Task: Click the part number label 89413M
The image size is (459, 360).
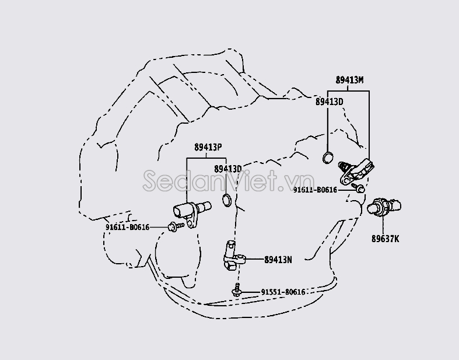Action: coord(349,80)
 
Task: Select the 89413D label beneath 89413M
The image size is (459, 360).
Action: coord(329,102)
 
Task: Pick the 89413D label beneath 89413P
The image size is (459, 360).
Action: coord(227,169)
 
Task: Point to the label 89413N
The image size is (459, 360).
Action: coord(278,259)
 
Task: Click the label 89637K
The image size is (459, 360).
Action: coord(386,238)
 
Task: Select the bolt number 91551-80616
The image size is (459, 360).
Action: coord(283,292)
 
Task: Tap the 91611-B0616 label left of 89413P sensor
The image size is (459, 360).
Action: coord(127,227)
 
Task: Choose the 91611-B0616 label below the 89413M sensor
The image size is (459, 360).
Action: coord(315,190)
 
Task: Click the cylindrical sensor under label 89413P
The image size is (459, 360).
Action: coord(191,208)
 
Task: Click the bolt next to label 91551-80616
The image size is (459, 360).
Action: coord(237,290)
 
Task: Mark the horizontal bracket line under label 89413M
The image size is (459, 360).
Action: coord(348,90)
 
